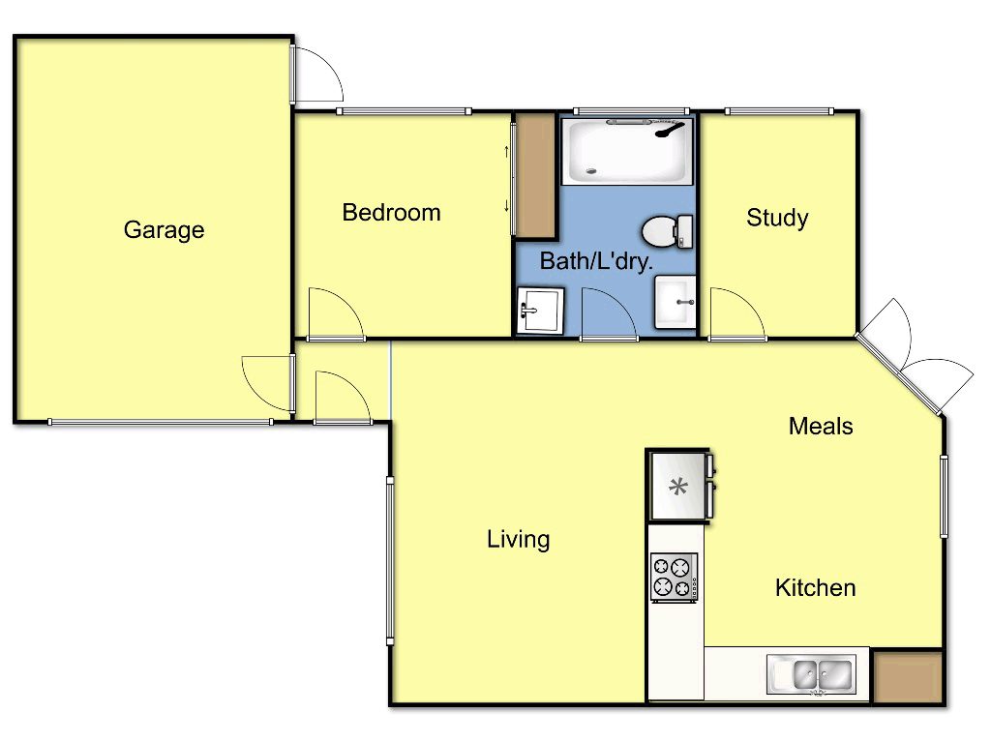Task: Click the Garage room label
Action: [x=164, y=230]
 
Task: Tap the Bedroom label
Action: [x=391, y=213]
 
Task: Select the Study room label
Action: [x=777, y=218]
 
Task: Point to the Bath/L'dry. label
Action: [x=596, y=260]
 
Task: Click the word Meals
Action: [x=821, y=426]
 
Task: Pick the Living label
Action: [x=518, y=539]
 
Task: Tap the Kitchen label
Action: [x=815, y=587]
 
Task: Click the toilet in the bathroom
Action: [x=667, y=230]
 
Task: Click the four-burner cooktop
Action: [x=675, y=577]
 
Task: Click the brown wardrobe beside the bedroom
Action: [x=533, y=176]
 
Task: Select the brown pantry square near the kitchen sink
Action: [x=907, y=676]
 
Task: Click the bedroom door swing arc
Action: [x=334, y=313]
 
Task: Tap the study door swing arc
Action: [x=736, y=313]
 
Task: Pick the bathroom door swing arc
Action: [x=608, y=313]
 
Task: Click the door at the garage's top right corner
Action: [x=317, y=74]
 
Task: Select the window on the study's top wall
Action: [x=779, y=111]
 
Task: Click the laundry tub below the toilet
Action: [x=676, y=303]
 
